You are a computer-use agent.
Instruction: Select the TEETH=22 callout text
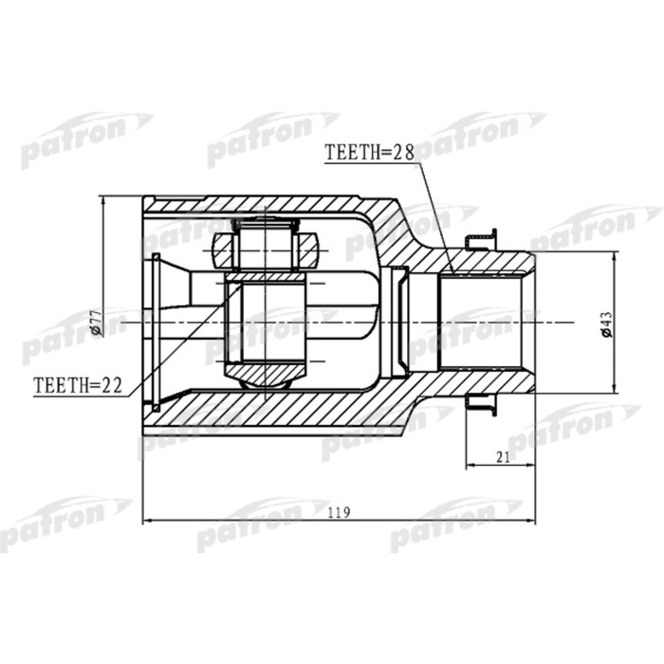tap(79, 386)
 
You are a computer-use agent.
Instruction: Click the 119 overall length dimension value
tap(339, 512)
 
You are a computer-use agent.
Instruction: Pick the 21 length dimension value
tap(503, 457)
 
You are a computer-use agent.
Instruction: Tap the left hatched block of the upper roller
tap(221, 250)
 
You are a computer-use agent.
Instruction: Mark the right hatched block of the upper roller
tap(310, 250)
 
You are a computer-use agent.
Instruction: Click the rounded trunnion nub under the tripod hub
tap(265, 379)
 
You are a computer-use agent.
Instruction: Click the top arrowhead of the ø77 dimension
tap(102, 201)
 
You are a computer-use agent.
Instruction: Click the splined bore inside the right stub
tap(484, 323)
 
